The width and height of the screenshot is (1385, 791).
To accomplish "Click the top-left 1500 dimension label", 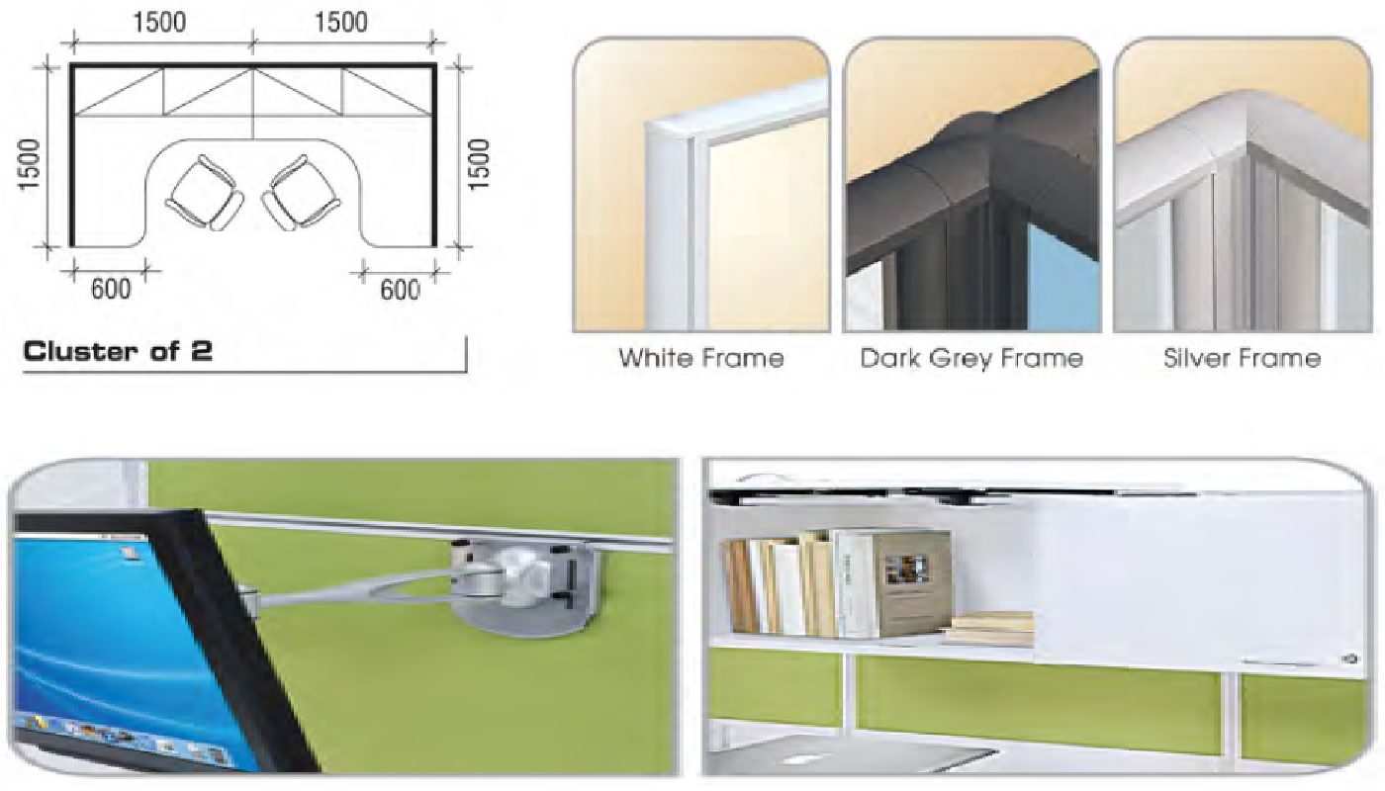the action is tap(159, 22).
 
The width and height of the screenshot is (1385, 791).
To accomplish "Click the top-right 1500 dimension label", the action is tap(341, 22).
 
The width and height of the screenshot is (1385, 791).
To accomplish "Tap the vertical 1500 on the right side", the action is tap(479, 164).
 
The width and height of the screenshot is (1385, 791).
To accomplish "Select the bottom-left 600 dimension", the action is tap(111, 289).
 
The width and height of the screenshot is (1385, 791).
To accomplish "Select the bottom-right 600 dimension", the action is tap(400, 290).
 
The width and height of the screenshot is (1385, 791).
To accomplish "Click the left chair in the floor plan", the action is tap(204, 193).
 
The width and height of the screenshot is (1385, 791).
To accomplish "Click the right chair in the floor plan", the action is tap(301, 193).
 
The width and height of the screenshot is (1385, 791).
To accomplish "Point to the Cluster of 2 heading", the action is tap(118, 352).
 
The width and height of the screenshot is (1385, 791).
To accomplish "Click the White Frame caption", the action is tap(701, 358).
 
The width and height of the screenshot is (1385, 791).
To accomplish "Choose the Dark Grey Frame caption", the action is tap(971, 358).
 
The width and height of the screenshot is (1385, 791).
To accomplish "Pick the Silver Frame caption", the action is tap(1242, 358).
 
